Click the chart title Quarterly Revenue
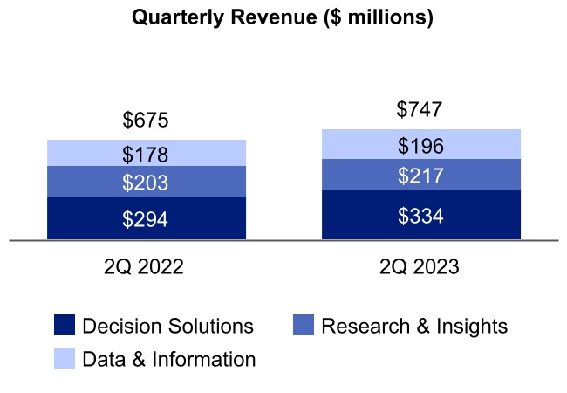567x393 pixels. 282,18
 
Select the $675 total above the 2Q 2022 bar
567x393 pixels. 146,121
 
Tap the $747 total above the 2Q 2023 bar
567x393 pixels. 420,110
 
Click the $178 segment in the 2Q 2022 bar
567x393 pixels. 146,154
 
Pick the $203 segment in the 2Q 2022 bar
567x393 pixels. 146,183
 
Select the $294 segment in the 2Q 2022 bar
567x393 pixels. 146,218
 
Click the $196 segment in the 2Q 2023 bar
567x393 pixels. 420,145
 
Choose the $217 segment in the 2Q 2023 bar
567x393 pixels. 420,176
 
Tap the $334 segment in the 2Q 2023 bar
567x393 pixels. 420,216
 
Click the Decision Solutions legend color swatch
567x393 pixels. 65,327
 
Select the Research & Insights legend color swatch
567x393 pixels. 303,327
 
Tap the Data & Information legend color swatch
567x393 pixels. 65,359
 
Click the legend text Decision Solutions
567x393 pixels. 167,327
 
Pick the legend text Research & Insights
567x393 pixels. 413,327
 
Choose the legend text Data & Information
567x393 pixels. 168,359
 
